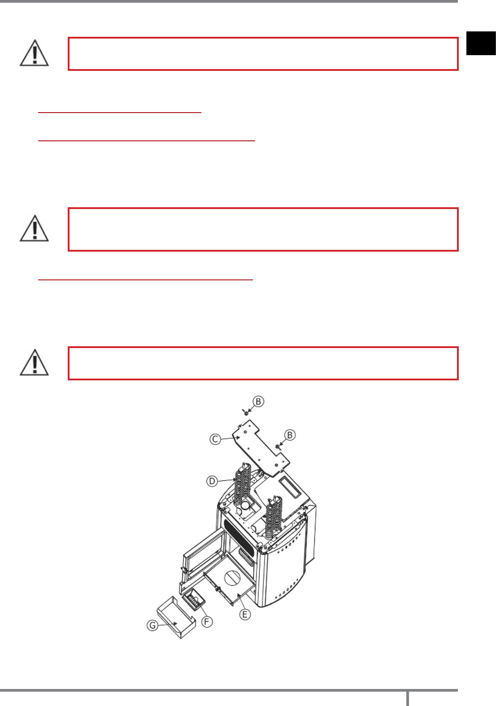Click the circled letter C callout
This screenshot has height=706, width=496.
[215, 439]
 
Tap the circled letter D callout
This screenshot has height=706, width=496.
[212, 481]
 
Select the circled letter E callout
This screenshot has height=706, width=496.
[245, 614]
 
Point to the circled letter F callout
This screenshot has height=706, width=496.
[207, 622]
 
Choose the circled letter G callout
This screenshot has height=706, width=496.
[152, 625]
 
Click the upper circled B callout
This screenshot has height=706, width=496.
[258, 401]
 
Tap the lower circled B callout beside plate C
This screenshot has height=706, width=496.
[290, 435]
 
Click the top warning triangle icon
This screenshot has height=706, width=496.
[35, 53]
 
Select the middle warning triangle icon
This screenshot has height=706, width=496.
[35, 228]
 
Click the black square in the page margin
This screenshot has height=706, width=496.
[481, 43]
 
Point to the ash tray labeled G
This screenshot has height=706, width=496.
[176, 618]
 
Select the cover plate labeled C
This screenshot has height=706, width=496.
[261, 448]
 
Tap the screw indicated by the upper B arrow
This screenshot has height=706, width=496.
[245, 412]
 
